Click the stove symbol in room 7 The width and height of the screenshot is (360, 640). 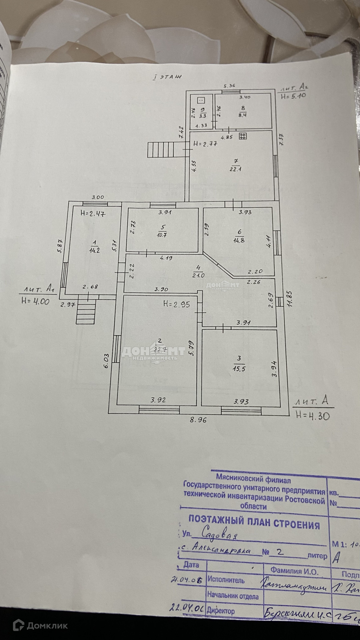click(243, 136)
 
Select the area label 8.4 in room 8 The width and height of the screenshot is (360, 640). click(242, 115)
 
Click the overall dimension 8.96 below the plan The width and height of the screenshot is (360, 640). click(198, 420)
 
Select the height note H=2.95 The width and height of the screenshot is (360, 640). click(177, 304)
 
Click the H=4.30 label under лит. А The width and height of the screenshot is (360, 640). click(313, 416)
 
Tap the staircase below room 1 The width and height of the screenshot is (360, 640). click(86, 312)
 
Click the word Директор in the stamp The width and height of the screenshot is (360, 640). click(221, 610)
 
